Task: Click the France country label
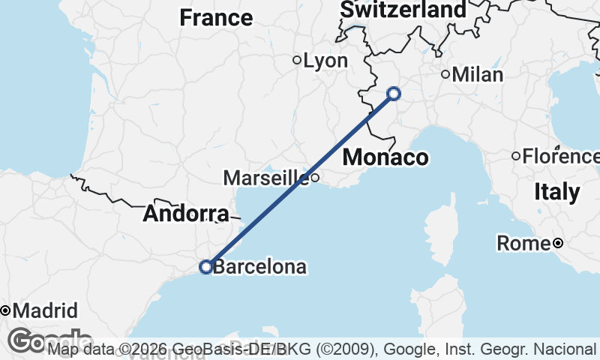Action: pyautogui.click(x=216, y=17)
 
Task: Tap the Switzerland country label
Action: pyautogui.click(x=402, y=10)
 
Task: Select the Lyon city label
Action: pyautogui.click(x=325, y=61)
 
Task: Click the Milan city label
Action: pyautogui.click(x=478, y=74)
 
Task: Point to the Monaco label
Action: pyautogui.click(x=385, y=157)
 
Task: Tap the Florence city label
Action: pyautogui.click(x=558, y=156)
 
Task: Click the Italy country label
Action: pyautogui.click(x=557, y=192)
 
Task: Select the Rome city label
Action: pyautogui.click(x=523, y=244)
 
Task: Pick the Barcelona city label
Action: pyautogui.click(x=259, y=266)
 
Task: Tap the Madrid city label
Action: pyautogui.click(x=45, y=310)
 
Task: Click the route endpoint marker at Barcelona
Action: pyautogui.click(x=206, y=266)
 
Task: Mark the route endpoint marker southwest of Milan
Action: pyautogui.click(x=394, y=94)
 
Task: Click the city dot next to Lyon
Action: pyautogui.click(x=297, y=60)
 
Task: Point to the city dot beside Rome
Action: pyautogui.click(x=558, y=243)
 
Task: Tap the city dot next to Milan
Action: pyautogui.click(x=445, y=74)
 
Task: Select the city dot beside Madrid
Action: pyautogui.click(x=4, y=310)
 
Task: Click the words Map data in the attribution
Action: pyautogui.click(x=81, y=349)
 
